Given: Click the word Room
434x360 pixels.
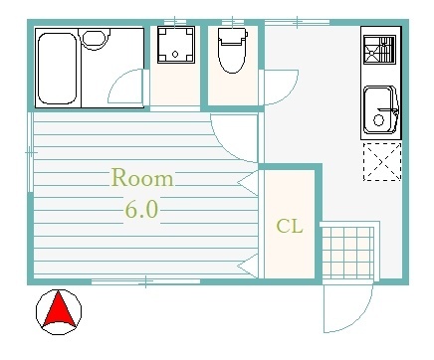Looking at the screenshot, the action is [x=142, y=178].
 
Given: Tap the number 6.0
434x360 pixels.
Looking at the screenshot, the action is [x=141, y=209].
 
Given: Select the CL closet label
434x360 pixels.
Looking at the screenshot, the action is [x=290, y=227].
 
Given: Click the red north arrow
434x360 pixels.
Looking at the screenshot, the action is [x=59, y=308].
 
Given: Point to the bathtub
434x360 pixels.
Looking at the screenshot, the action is [x=57, y=69].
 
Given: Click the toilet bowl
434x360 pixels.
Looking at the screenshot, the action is [x=232, y=51].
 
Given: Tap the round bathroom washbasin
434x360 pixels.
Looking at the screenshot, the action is [x=95, y=39].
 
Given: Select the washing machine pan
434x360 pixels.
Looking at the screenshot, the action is [x=175, y=45].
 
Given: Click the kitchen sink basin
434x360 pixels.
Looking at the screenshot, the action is [x=380, y=110].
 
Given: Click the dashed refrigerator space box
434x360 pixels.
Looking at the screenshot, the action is [x=382, y=162].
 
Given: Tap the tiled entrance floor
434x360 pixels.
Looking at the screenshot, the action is [x=348, y=253].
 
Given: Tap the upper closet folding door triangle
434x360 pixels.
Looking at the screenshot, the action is [x=248, y=183].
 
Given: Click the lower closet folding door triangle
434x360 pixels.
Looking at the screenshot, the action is [x=248, y=266].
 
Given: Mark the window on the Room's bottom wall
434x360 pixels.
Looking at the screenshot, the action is [x=145, y=281].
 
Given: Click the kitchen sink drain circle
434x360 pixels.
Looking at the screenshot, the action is [x=378, y=119].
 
